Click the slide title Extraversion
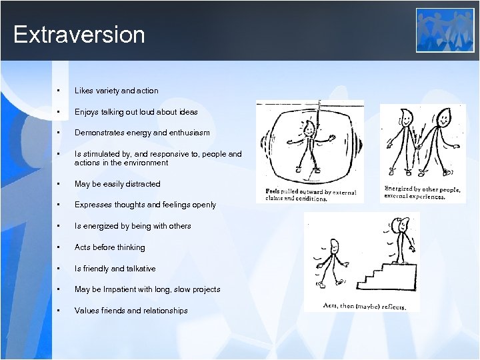tap(79, 35)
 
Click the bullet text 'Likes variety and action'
tap(116, 91)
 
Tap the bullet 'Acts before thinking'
tap(109, 247)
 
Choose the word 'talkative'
tap(139, 269)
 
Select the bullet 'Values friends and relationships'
tap(131, 311)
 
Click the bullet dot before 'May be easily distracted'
tap(59, 184)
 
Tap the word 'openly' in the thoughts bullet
tap(203, 205)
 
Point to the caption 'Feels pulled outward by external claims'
tap(310, 195)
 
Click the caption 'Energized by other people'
tap(421, 193)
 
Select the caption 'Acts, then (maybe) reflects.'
tap(363, 307)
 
